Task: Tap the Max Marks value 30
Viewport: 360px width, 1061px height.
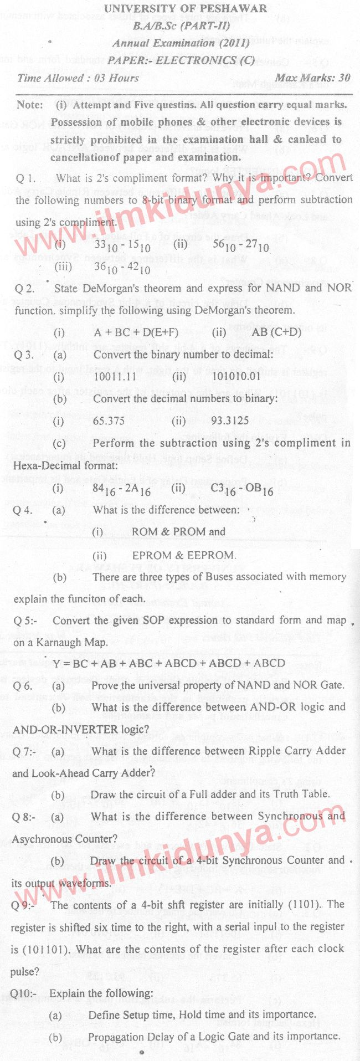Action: (x=344, y=78)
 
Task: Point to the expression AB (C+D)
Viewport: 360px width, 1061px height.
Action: (x=276, y=332)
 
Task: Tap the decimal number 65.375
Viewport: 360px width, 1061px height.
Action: (x=109, y=421)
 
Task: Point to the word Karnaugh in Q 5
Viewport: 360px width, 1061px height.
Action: (x=57, y=643)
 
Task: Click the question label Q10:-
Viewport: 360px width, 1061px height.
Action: (x=23, y=993)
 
